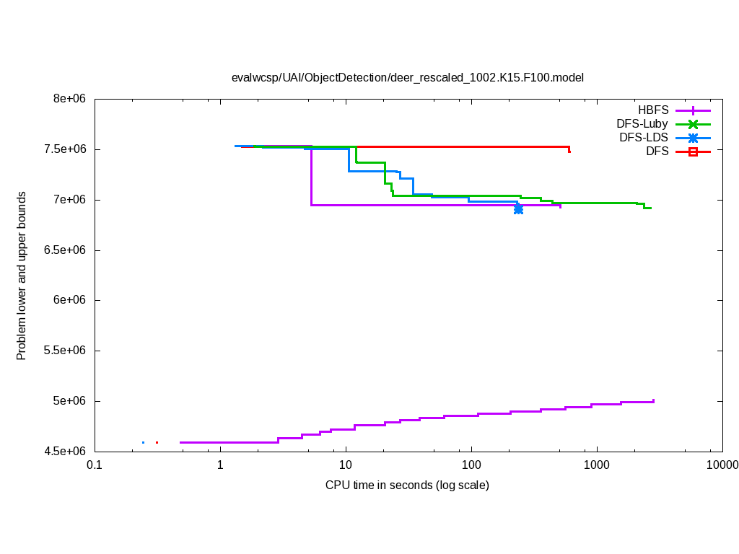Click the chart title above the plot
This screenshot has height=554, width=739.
click(407, 77)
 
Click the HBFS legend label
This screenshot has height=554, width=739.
click(653, 110)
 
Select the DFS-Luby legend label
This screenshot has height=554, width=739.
click(642, 124)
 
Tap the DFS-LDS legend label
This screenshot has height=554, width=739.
click(643, 137)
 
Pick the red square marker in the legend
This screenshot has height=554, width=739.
click(693, 151)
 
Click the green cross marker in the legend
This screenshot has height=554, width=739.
click(693, 124)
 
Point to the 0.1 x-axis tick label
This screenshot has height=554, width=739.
click(94, 465)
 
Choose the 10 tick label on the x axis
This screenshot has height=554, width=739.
click(346, 465)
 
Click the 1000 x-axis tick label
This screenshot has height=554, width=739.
click(597, 465)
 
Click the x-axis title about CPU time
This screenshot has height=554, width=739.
click(407, 485)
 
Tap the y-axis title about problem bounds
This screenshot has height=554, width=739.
click(22, 276)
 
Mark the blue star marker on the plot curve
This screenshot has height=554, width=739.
click(518, 208)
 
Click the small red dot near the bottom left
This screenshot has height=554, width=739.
click(157, 442)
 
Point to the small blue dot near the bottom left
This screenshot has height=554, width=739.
click(143, 442)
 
